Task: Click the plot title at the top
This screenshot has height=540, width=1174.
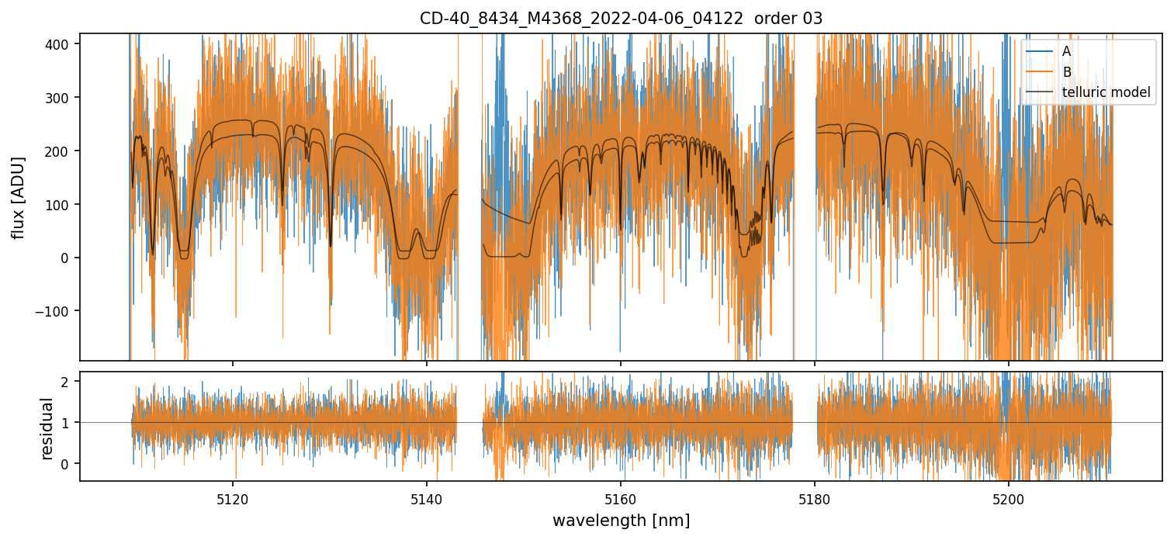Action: click(x=621, y=19)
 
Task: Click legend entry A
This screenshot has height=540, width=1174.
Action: click(x=1067, y=51)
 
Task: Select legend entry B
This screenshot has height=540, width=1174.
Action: click(x=1067, y=72)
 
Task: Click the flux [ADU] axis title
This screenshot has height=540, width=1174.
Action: click(x=18, y=197)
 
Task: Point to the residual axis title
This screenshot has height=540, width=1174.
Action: click(x=47, y=428)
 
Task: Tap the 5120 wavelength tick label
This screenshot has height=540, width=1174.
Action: click(x=233, y=499)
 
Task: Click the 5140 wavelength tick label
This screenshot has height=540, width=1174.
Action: click(x=427, y=499)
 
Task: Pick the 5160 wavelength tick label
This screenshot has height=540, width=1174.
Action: click(x=621, y=499)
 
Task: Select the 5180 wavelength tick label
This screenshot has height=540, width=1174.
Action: click(x=815, y=499)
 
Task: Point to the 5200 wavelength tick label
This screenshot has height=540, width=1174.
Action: click(x=1008, y=499)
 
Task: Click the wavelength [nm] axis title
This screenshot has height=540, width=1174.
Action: click(x=621, y=520)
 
